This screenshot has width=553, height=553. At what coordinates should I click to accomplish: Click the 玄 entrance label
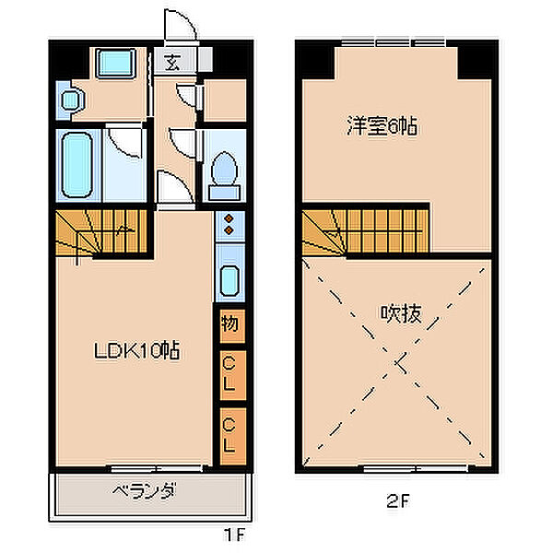(172, 63)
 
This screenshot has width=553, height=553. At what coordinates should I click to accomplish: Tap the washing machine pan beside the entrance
(115, 64)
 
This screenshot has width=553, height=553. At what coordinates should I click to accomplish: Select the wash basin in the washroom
(69, 100)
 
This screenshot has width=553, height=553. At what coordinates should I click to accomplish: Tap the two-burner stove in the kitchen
(229, 226)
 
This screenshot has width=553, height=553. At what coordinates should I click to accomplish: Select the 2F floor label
(398, 503)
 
